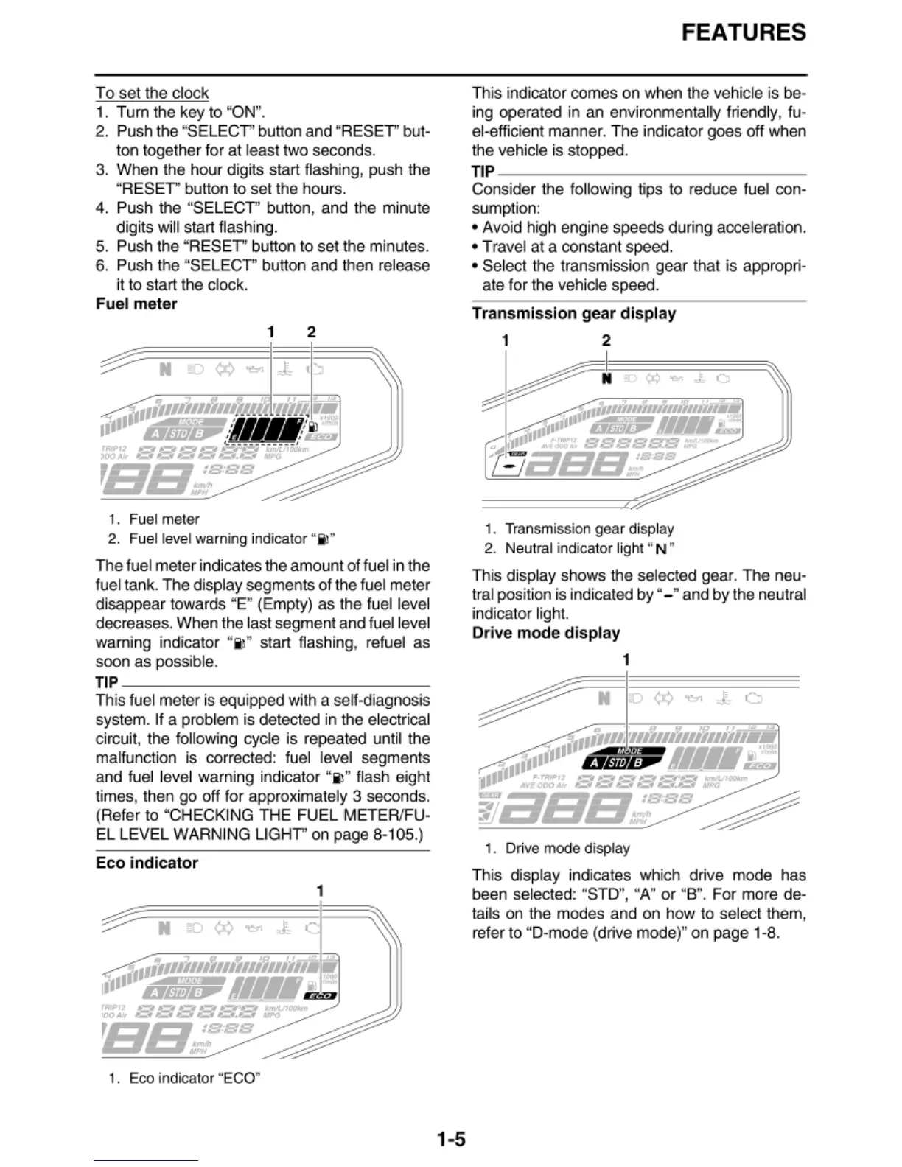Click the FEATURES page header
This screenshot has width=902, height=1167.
[743, 32]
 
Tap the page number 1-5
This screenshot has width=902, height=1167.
[450, 1139]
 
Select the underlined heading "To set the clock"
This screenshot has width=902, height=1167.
[152, 93]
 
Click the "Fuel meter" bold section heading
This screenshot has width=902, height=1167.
[136, 304]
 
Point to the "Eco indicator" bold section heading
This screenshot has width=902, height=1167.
[147, 862]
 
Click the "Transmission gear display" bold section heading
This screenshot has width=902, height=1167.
[573, 313]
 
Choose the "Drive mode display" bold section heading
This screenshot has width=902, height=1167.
[545, 633]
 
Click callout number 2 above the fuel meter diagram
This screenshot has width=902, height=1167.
[311, 332]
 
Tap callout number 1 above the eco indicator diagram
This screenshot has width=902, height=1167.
[320, 891]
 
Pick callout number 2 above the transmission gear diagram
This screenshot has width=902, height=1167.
[606, 340]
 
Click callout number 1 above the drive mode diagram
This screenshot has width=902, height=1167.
[626, 660]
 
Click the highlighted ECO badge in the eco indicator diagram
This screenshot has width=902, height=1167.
[321, 995]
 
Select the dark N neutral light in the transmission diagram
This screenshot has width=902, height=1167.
[606, 379]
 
